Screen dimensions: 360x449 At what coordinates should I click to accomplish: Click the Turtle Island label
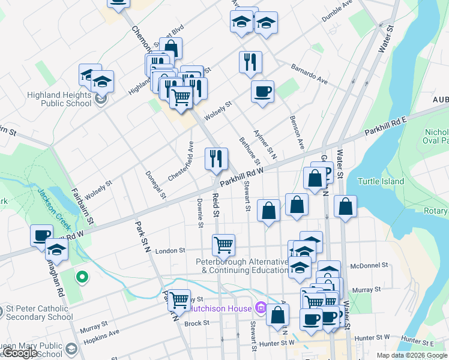coord(382,181)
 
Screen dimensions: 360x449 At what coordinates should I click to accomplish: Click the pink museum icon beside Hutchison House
coord(260,308)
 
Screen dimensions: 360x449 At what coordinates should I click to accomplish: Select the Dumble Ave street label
coord(337,11)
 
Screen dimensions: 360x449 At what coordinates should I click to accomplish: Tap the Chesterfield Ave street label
coord(182,161)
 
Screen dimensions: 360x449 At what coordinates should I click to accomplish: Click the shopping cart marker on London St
coord(223,245)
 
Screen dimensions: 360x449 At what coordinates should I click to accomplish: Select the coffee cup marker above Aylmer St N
coord(262,92)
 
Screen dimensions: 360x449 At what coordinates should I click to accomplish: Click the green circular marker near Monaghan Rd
coord(82,277)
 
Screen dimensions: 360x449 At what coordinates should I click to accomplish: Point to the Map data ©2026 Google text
coord(411,355)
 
